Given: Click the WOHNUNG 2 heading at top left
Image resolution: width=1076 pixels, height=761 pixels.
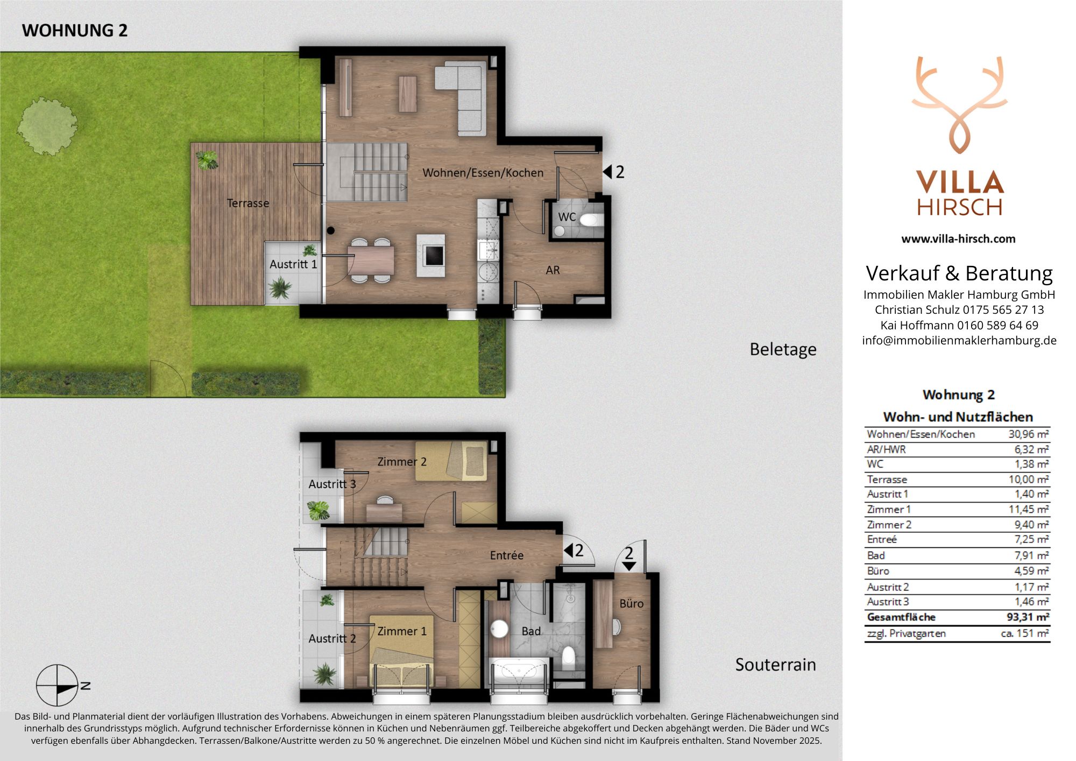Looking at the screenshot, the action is point(75,30).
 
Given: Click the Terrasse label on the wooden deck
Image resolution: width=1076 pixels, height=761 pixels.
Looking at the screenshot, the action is point(248,203).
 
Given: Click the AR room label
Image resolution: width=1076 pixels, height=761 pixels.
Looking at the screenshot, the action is point(553,270).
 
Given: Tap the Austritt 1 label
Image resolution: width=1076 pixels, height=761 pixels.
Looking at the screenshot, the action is point(293,264).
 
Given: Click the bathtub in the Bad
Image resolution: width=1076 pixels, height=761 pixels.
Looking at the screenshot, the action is point(519,671).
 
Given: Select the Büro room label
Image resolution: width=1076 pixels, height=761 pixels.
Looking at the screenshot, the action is point(631,603).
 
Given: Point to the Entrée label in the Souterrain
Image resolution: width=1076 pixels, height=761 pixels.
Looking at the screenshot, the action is point(507,555).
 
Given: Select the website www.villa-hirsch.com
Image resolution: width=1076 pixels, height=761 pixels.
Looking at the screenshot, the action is point(958,238).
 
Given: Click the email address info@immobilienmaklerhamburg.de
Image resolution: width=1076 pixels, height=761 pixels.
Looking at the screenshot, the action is point(959,340).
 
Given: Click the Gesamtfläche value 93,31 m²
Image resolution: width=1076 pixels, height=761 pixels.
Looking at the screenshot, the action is point(1028,617).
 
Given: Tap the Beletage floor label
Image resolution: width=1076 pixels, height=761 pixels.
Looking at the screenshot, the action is point(783,349).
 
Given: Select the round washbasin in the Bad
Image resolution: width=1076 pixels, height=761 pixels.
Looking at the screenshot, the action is point(500,629).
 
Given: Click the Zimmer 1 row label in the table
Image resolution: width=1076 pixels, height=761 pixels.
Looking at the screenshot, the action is point(889,509).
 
